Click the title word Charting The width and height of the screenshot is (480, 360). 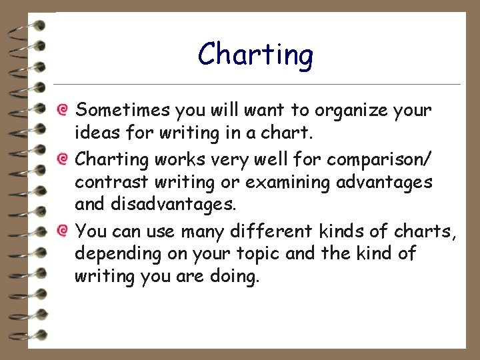255,55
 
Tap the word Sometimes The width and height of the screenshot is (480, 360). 124,109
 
